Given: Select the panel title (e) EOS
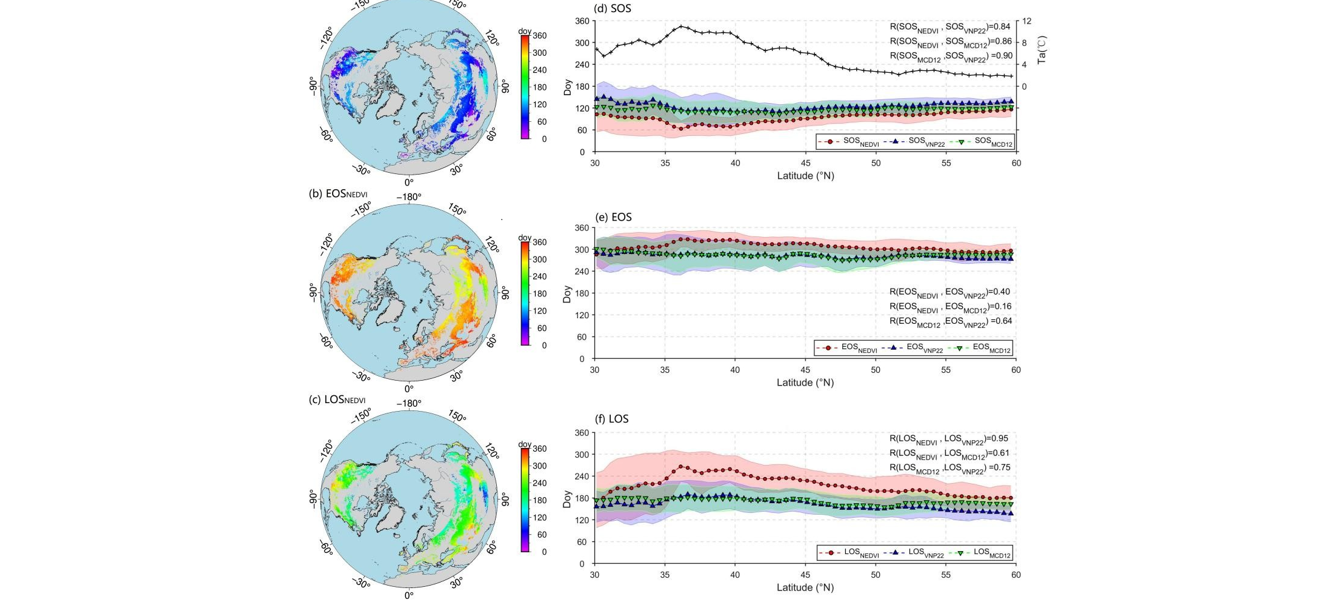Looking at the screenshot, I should pyautogui.click(x=613, y=217).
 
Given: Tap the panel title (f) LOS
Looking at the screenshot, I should pyautogui.click(x=611, y=419).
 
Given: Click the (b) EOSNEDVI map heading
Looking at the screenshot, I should pyautogui.click(x=338, y=194).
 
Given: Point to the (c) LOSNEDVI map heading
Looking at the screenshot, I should pyautogui.click(x=337, y=400).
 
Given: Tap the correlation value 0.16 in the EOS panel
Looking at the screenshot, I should pyautogui.click(x=1003, y=307).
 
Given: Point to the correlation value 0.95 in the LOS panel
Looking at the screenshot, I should pyautogui.click(x=1000, y=438).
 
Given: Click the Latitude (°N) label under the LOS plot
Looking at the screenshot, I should pyautogui.click(x=805, y=587).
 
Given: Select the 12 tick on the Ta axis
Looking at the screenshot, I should pyautogui.click(x=1027, y=21).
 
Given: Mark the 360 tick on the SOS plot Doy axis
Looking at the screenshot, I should pyautogui.click(x=582, y=21).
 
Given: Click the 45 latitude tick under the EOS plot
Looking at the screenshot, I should pyautogui.click(x=805, y=370).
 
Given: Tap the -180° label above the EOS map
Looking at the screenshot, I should pyautogui.click(x=408, y=197).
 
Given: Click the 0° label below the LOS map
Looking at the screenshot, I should pyautogui.click(x=409, y=595).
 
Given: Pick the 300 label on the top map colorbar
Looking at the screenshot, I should pyautogui.click(x=539, y=53).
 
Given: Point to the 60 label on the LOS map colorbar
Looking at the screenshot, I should pyautogui.click(x=542, y=535).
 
